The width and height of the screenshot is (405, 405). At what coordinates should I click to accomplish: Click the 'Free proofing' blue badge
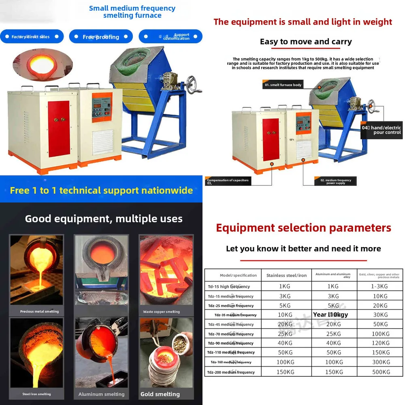(x=101, y=37)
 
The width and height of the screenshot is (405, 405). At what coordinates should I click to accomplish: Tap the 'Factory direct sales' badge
(x=31, y=37)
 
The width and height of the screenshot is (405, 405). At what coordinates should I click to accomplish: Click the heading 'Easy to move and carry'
(x=306, y=42)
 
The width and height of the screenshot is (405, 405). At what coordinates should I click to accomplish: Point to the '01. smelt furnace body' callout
(x=283, y=85)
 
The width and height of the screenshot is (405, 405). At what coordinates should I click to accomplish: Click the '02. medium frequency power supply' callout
(x=335, y=181)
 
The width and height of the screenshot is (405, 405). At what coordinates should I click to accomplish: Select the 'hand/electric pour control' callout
(x=381, y=130)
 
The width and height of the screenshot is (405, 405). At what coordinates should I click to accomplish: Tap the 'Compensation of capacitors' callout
(x=228, y=181)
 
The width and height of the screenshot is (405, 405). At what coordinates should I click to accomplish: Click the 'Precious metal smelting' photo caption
(x=39, y=311)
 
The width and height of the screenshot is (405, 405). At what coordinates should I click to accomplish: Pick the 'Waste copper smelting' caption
(x=161, y=312)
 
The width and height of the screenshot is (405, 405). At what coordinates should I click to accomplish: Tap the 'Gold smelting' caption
(x=160, y=394)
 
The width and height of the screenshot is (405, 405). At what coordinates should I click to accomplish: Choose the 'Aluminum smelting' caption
(x=101, y=394)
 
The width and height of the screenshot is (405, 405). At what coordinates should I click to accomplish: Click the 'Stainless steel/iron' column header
(x=286, y=275)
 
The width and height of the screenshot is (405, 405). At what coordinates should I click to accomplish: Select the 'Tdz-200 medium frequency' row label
(x=232, y=372)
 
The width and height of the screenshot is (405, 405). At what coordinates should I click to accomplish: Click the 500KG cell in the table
(x=380, y=372)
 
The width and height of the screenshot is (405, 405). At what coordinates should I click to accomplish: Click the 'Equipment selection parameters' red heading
(x=303, y=228)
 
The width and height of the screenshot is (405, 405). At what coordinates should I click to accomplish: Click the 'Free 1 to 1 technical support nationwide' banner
(x=101, y=190)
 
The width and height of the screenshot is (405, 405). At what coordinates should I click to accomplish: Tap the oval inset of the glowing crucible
(x=43, y=65)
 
